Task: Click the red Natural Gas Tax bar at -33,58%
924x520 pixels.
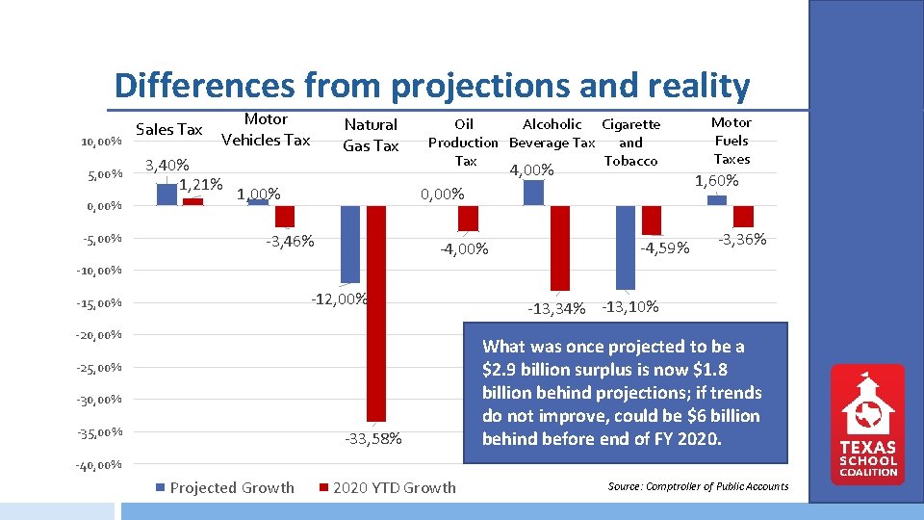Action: pyautogui.click(x=376, y=313)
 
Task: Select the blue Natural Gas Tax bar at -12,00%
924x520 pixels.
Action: pyautogui.click(x=350, y=244)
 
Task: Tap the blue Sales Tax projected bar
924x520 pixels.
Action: pyautogui.click(x=167, y=195)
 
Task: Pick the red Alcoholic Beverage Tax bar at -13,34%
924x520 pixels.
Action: pyautogui.click(x=559, y=247)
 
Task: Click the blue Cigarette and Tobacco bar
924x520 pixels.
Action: pyautogui.click(x=626, y=247)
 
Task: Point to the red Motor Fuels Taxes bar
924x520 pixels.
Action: pyautogui.click(x=743, y=216)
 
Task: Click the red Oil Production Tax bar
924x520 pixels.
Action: pyautogui.click(x=468, y=219)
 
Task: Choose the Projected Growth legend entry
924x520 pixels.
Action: pyautogui.click(x=225, y=487)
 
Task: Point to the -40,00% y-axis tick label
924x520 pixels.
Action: pyautogui.click(x=99, y=466)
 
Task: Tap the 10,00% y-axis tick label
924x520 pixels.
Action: pyautogui.click(x=101, y=143)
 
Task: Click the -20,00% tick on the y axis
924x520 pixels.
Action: pyautogui.click(x=99, y=336)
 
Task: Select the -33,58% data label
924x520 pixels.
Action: pyautogui.click(x=373, y=440)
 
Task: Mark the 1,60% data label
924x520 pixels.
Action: pyautogui.click(x=717, y=181)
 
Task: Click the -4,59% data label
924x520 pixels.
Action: pyautogui.click(x=665, y=248)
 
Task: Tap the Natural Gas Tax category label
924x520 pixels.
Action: pyautogui.click(x=371, y=135)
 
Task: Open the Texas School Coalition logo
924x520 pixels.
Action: pyautogui.click(x=868, y=424)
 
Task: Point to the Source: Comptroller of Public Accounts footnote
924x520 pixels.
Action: pyautogui.click(x=698, y=486)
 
